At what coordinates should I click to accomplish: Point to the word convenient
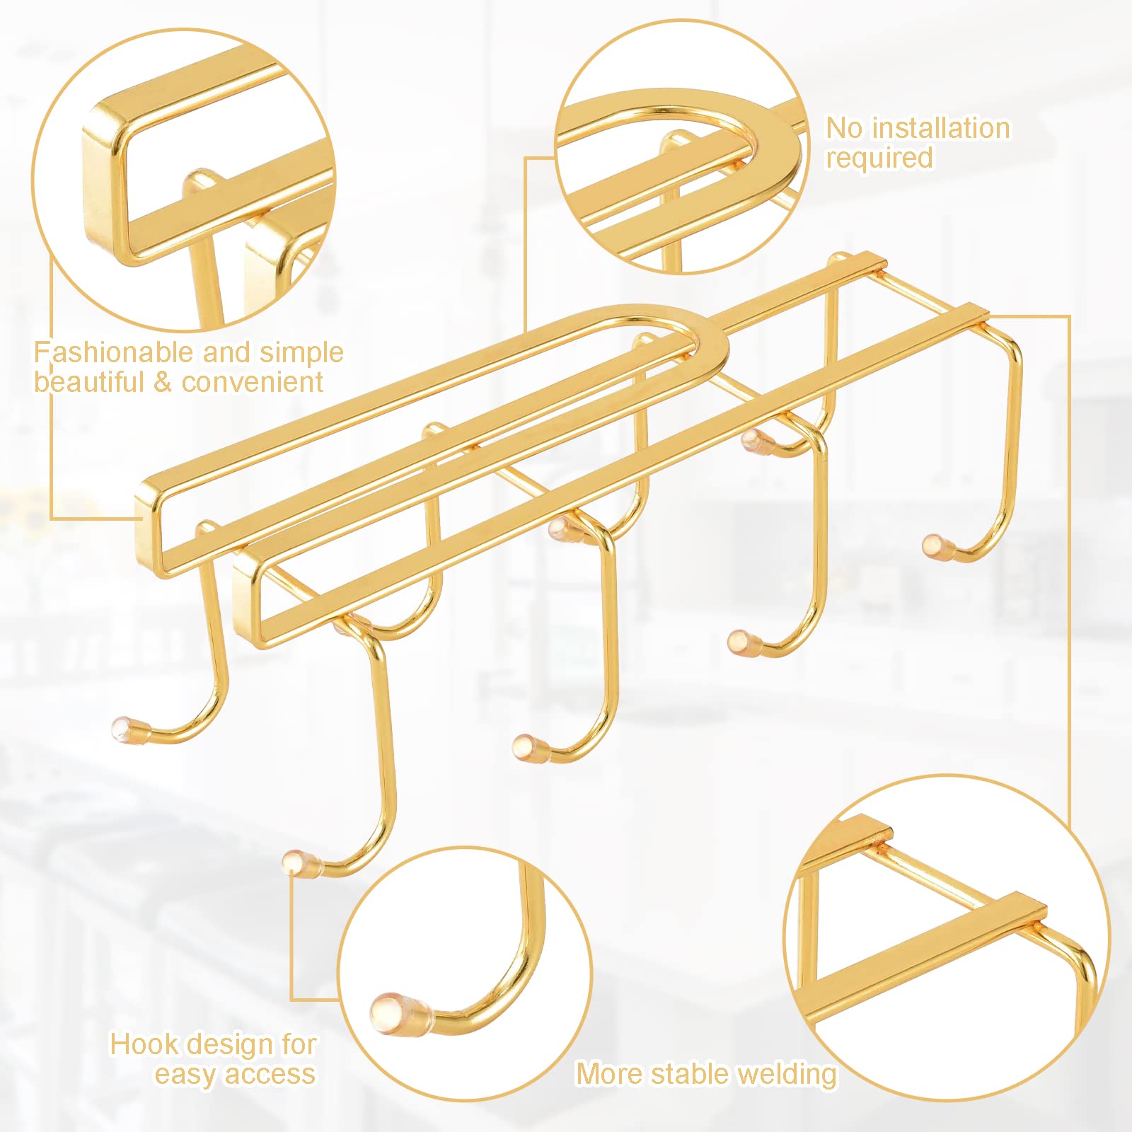coord(253,383)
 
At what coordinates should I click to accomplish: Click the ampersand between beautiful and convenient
coord(163,383)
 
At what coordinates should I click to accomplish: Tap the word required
coord(879,158)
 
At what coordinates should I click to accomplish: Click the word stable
coord(690,1074)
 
